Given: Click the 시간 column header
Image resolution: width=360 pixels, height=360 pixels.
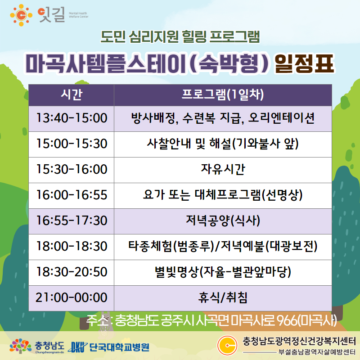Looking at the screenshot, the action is click(x=72, y=95).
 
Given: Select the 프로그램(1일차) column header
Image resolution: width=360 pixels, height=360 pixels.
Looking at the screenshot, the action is click(x=223, y=95).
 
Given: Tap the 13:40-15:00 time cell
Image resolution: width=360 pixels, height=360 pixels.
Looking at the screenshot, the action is click(x=72, y=119).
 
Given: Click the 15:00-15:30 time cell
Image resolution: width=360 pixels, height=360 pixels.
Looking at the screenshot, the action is click(x=72, y=144).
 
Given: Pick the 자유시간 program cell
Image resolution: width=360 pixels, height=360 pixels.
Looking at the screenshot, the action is click(x=223, y=170).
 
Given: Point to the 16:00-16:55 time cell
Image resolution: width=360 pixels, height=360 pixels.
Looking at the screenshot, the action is click(x=72, y=196).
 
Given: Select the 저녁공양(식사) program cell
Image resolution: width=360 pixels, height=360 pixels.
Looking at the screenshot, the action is click(x=223, y=221).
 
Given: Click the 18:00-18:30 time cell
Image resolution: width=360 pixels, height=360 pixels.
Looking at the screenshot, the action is click(x=72, y=247).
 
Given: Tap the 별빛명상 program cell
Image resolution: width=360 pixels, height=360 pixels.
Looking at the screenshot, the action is click(x=223, y=273).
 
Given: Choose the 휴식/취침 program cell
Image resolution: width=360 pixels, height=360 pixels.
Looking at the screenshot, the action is click(x=223, y=298).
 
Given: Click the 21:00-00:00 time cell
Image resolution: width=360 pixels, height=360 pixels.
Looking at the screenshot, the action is click(x=72, y=298).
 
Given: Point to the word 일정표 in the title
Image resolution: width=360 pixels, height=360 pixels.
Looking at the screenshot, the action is click(x=304, y=64).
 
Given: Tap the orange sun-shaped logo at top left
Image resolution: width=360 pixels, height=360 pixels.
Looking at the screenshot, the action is click(x=21, y=15).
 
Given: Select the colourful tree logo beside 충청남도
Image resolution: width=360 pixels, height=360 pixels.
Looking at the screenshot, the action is click(x=20, y=346).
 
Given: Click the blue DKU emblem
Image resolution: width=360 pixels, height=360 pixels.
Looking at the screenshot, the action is click(x=77, y=347).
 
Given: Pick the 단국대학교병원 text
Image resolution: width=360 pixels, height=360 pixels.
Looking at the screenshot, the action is click(x=119, y=347).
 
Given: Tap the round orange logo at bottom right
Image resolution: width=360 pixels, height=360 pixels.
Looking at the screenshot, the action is click(x=227, y=345).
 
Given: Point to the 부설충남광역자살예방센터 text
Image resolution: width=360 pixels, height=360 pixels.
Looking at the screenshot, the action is click(x=317, y=352).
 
